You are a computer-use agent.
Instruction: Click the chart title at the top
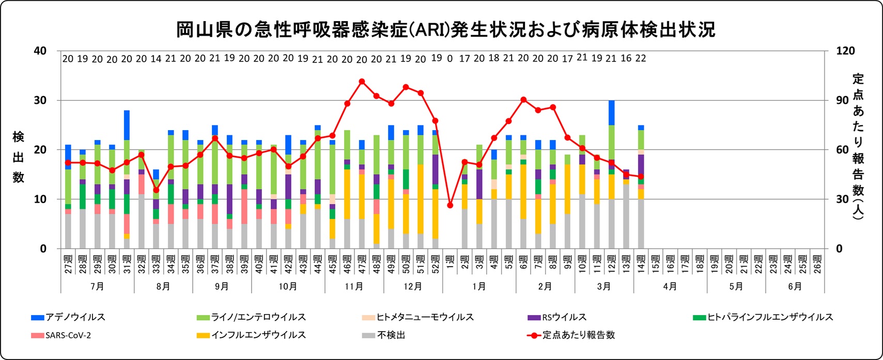coord(445,29)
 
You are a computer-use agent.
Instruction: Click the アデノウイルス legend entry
coord(69,317)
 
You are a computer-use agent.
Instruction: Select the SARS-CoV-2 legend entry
coord(61,335)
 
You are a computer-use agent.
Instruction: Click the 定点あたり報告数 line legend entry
coord(571,335)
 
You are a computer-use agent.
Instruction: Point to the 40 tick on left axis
coord(40,51)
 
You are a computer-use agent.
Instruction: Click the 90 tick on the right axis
coord(843,100)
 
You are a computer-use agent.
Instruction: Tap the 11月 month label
coord(354,286)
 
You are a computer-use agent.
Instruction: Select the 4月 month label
coord(670,286)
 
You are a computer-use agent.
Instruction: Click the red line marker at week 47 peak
coord(362,81)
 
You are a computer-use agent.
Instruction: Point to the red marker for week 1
coord(450,205)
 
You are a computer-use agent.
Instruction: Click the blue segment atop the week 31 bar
coord(127,125)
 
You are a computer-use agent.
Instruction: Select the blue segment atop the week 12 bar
coord(612,113)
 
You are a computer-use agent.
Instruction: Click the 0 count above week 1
coord(450,59)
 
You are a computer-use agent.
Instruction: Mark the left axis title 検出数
coord(18,157)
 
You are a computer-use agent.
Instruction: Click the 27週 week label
coord(68,264)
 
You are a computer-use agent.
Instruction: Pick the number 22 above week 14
coord(641,58)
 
